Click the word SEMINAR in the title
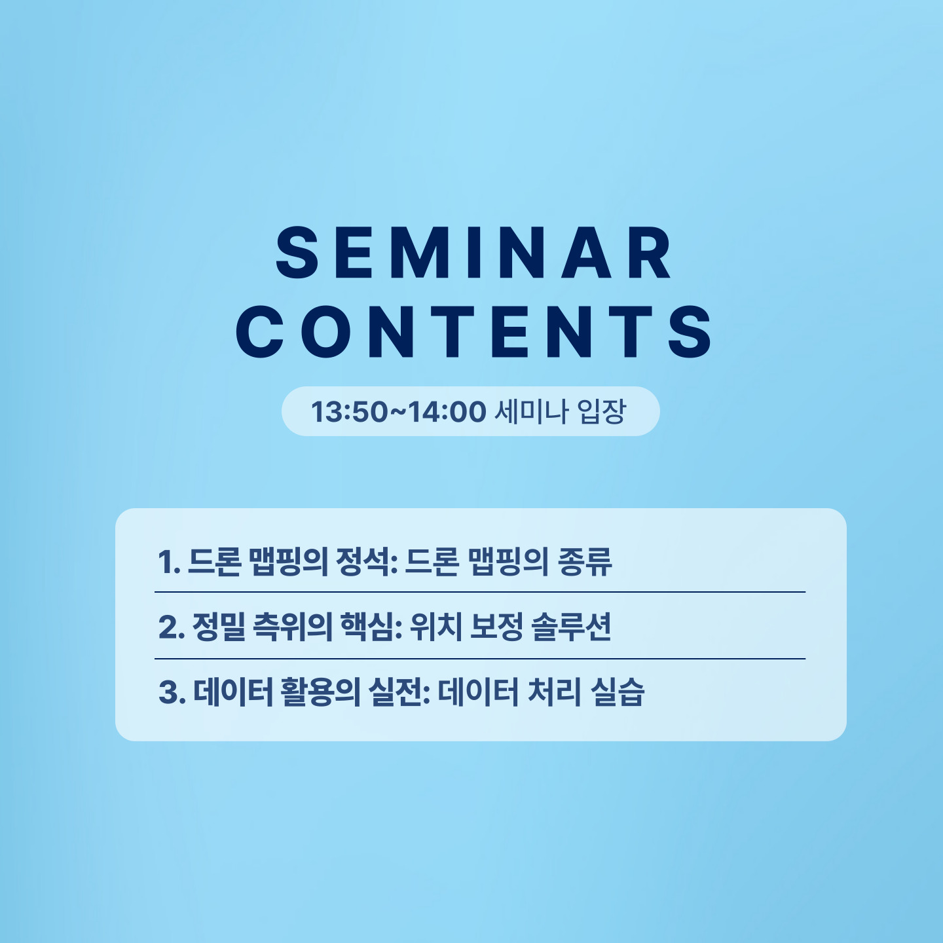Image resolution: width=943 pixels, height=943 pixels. [x=473, y=253]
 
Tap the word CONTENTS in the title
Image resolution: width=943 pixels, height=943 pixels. [x=473, y=332]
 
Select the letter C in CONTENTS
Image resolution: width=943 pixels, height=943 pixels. [x=261, y=332]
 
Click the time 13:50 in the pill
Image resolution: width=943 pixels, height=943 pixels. [x=349, y=411]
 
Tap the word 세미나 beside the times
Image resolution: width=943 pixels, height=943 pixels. [x=531, y=411]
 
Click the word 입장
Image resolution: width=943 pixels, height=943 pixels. [x=601, y=411]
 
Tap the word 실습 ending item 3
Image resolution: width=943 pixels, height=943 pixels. [x=618, y=693]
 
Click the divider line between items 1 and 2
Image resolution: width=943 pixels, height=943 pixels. [x=480, y=592]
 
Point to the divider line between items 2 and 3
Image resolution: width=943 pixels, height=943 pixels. [x=480, y=659]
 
